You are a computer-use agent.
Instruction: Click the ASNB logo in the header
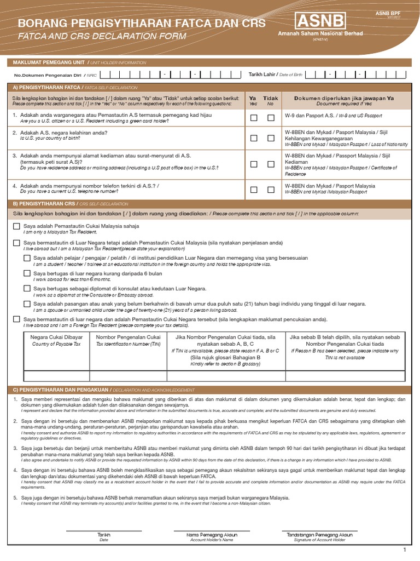[x=320, y=22]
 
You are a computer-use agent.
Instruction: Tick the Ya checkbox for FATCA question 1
[x=253, y=118]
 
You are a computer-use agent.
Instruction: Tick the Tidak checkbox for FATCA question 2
[x=271, y=138]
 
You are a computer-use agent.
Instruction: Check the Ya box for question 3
[x=253, y=164]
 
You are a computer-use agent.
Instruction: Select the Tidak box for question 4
[x=271, y=190]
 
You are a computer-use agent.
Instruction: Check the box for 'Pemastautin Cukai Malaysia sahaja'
[x=16, y=226]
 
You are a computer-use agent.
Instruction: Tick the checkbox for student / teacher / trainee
[x=27, y=258]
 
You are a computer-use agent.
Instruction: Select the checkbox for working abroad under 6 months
[x=27, y=273]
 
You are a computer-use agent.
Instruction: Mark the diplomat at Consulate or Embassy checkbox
[x=27, y=288]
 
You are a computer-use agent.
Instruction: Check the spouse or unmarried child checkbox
[x=27, y=304]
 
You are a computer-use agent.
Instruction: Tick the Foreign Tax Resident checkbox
[x=16, y=319]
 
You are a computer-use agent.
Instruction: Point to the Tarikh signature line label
[x=103, y=535]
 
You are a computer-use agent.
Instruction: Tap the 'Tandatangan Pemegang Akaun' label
[x=320, y=535]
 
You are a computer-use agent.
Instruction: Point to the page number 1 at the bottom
[x=405, y=549]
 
